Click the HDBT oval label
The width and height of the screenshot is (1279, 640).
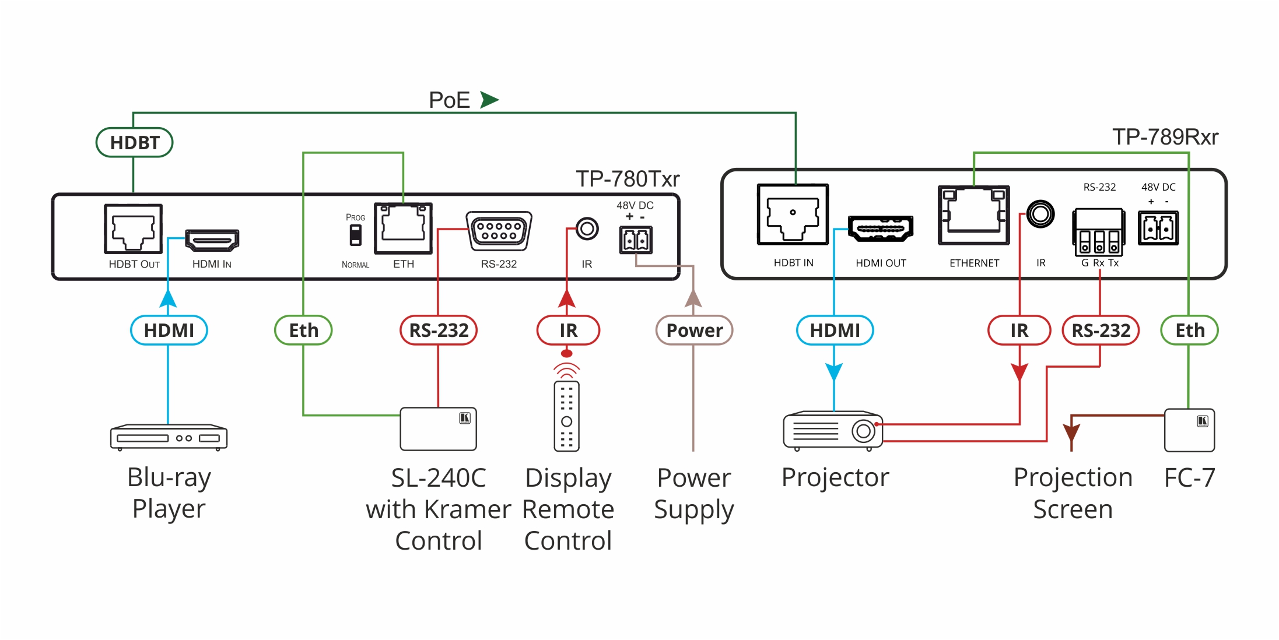click(134, 142)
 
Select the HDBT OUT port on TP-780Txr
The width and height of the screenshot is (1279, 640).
click(133, 228)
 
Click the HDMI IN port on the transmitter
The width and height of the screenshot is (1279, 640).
click(212, 240)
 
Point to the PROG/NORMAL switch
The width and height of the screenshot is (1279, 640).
click(355, 235)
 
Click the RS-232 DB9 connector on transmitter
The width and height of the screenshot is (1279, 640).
click(499, 231)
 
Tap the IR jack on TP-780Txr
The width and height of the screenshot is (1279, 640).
click(587, 228)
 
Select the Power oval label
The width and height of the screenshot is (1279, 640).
click(694, 330)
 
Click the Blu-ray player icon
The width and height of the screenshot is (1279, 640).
click(169, 437)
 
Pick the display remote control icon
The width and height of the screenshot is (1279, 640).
click(566, 416)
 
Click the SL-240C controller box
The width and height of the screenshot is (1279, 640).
click(438, 429)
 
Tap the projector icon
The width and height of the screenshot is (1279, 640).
click(833, 431)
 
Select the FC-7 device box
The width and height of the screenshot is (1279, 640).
click(1189, 430)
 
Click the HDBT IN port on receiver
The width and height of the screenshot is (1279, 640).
click(793, 214)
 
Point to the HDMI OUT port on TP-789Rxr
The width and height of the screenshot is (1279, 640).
click(881, 228)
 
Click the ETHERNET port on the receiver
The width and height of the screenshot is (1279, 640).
click(973, 215)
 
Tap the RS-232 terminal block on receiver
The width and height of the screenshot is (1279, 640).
click(1099, 232)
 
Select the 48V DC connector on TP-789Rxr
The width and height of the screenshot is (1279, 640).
click(1158, 228)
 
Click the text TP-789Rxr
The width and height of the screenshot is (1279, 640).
click(1165, 137)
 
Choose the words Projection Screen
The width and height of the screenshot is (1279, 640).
click(1073, 493)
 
